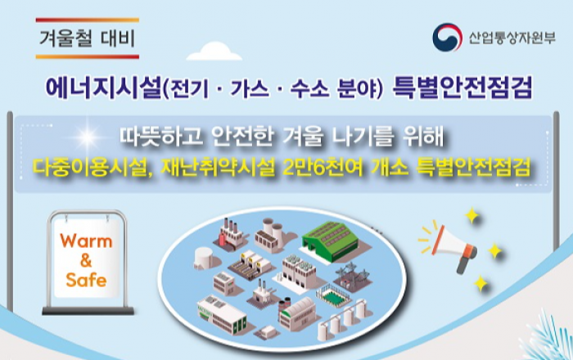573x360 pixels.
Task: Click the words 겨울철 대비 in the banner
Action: point(88,38)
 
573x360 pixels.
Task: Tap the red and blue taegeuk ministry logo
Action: point(447,38)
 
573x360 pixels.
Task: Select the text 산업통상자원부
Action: point(512,38)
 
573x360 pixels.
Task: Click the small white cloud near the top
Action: point(214,52)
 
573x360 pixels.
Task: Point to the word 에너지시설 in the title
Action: point(103,88)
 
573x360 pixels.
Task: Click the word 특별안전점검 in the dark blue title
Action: point(462,88)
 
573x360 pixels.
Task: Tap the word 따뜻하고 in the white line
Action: point(161,137)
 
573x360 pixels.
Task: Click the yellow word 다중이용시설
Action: point(90,169)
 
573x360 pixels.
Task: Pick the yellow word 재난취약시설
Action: point(218,169)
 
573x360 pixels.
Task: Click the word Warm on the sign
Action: point(86,241)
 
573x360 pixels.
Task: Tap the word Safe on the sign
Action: point(86,280)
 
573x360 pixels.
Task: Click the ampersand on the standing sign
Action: point(86,261)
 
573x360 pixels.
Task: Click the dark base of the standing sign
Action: point(88,311)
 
